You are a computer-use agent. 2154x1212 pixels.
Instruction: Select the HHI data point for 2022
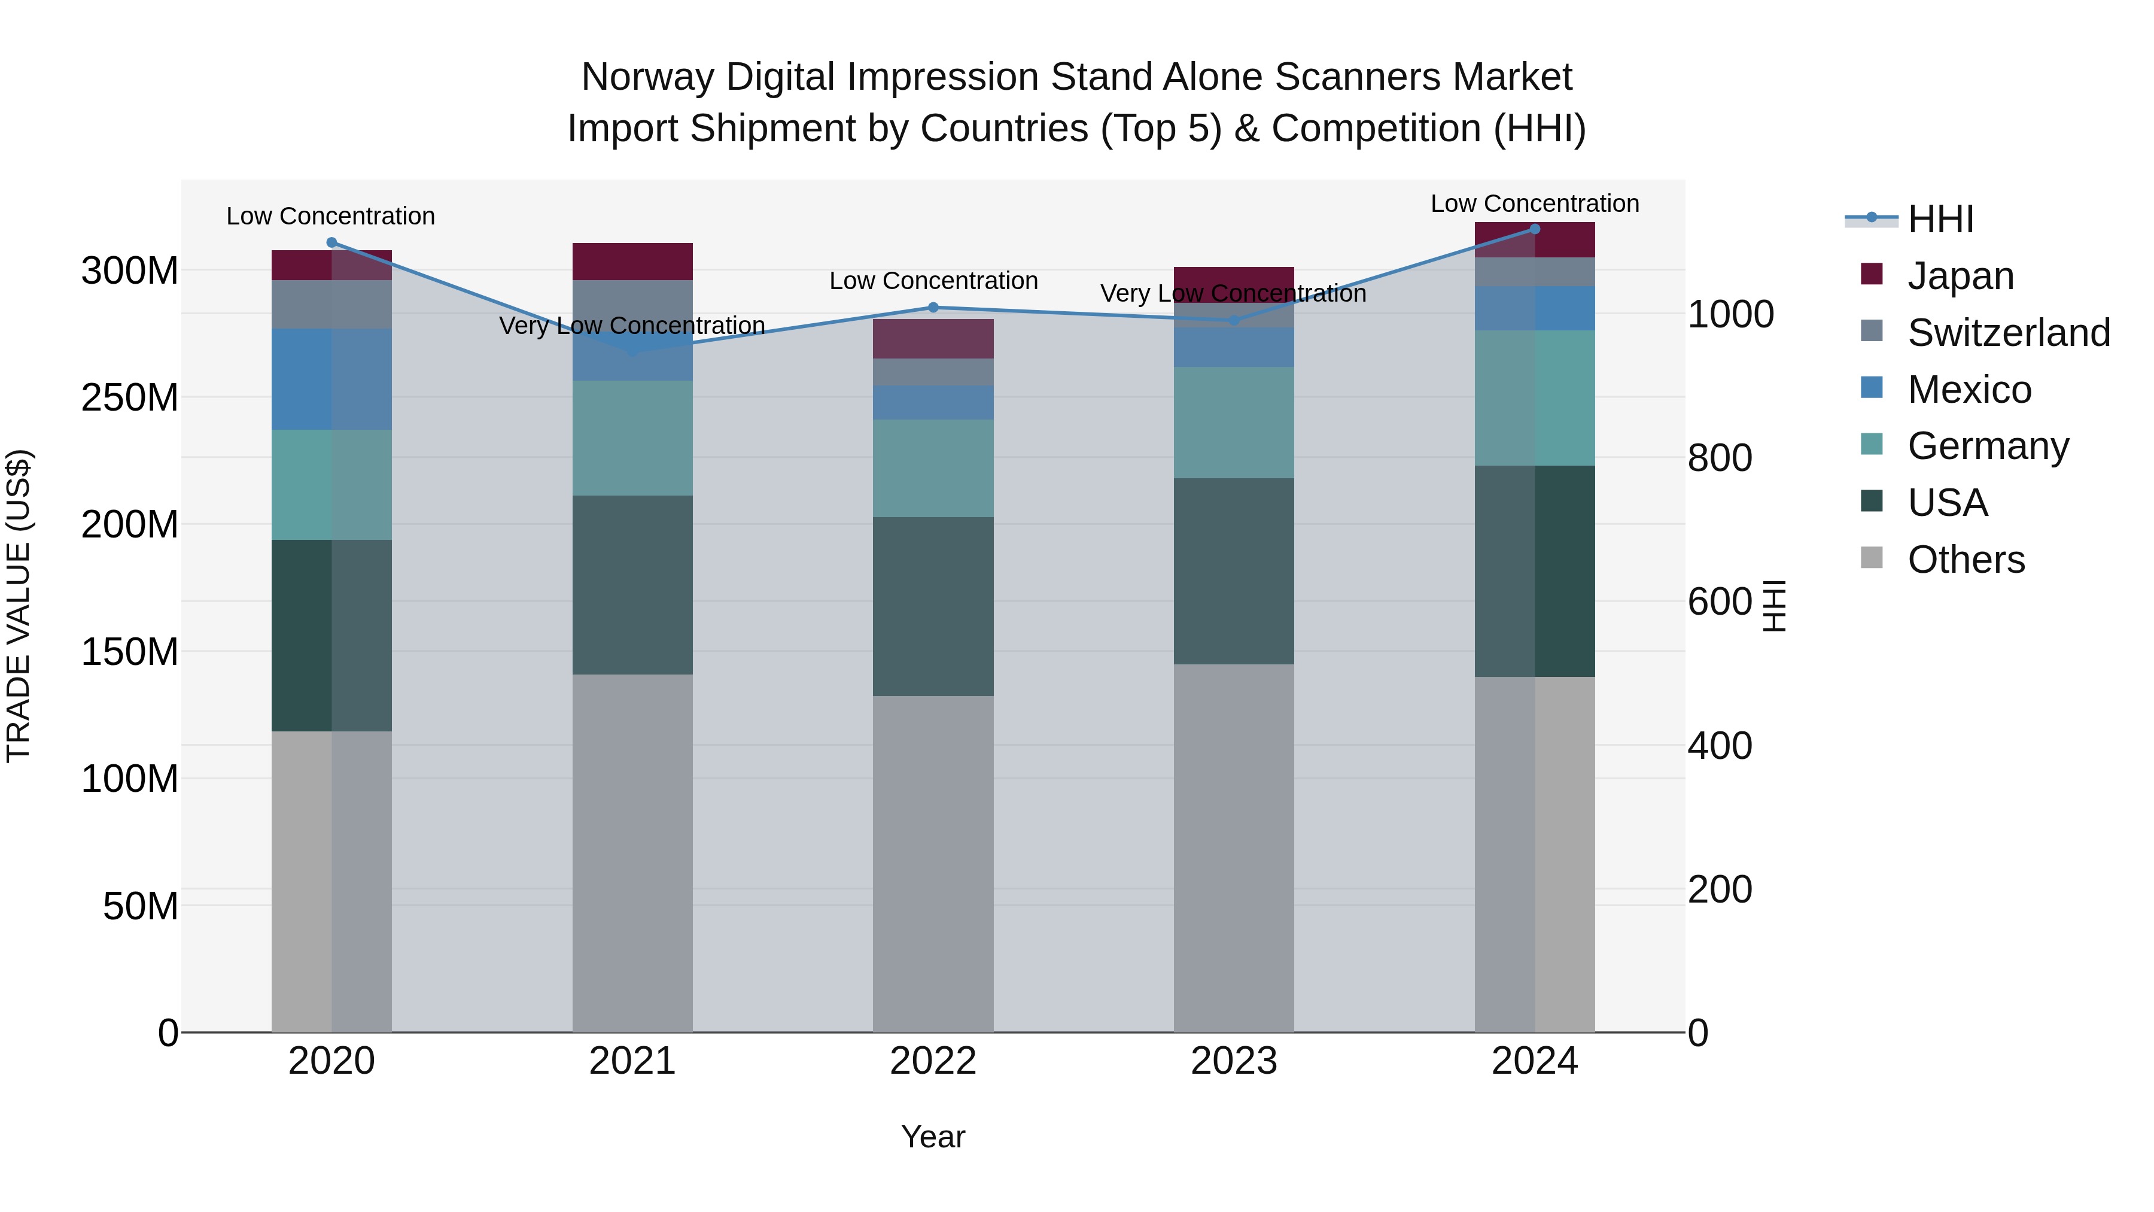pyautogui.click(x=933, y=308)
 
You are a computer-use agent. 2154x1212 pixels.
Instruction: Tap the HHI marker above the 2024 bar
pyautogui.click(x=1534, y=229)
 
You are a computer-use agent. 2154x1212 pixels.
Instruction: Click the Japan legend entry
pyautogui.click(x=1960, y=276)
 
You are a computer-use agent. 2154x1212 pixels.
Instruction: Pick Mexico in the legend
pyautogui.click(x=1969, y=390)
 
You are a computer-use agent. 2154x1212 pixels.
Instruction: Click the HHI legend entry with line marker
pyautogui.click(x=1940, y=219)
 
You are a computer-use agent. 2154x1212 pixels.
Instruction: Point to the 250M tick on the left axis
pyautogui.click(x=130, y=398)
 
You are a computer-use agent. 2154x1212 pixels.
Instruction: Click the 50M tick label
pyautogui.click(x=141, y=907)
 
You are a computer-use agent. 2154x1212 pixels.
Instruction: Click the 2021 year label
pyautogui.click(x=632, y=1061)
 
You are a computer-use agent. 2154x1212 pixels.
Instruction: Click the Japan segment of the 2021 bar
pyautogui.click(x=632, y=262)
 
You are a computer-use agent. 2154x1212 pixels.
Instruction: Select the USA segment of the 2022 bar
pyautogui.click(x=933, y=606)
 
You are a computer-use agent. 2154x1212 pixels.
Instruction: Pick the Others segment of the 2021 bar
pyautogui.click(x=632, y=853)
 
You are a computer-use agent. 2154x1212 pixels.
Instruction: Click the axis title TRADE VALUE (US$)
pyautogui.click(x=19, y=606)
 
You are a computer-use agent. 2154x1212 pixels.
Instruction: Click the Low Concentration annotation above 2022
pyautogui.click(x=933, y=281)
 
